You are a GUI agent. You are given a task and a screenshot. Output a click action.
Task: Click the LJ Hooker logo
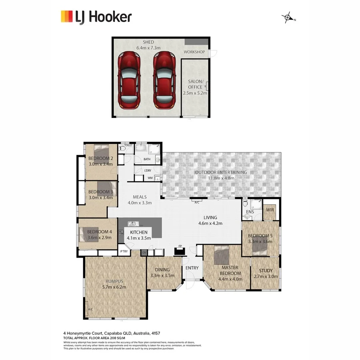click(96, 17)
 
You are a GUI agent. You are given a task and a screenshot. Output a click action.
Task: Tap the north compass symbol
click(288, 18)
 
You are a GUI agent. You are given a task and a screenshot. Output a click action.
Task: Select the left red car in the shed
click(129, 80)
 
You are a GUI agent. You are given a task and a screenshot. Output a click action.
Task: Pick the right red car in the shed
click(164, 80)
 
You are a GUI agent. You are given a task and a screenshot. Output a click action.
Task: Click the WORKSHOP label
click(194, 52)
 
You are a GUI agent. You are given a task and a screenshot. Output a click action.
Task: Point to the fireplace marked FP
click(180, 251)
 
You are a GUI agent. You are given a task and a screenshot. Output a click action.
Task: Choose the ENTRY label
click(192, 268)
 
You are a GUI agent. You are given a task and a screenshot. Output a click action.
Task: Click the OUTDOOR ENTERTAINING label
click(221, 172)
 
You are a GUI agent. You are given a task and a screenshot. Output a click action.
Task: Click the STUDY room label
click(266, 271)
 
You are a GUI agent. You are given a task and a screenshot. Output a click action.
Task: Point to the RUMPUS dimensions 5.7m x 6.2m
click(114, 287)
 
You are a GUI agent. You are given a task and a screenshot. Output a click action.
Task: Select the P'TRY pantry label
click(124, 251)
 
